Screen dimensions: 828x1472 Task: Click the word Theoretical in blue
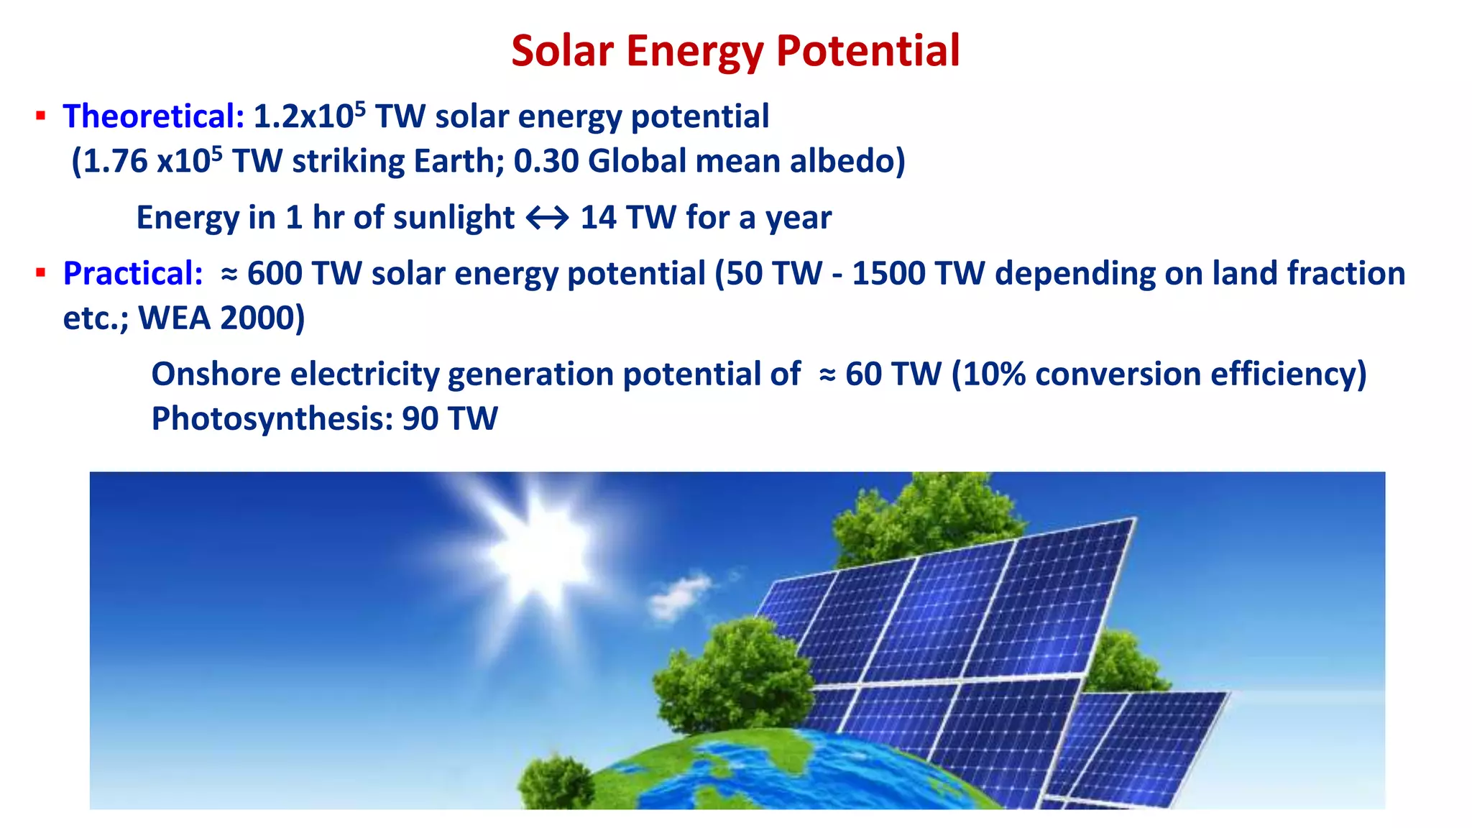click(153, 116)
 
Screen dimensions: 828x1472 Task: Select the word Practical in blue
click(133, 274)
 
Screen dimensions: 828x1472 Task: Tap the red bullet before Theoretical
click(41, 116)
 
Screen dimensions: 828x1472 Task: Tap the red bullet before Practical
click(41, 273)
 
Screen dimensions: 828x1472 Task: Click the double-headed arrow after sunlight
click(547, 218)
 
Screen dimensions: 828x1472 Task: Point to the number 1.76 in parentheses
click(115, 161)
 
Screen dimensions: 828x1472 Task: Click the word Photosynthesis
click(272, 419)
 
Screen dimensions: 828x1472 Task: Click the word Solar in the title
click(562, 52)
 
